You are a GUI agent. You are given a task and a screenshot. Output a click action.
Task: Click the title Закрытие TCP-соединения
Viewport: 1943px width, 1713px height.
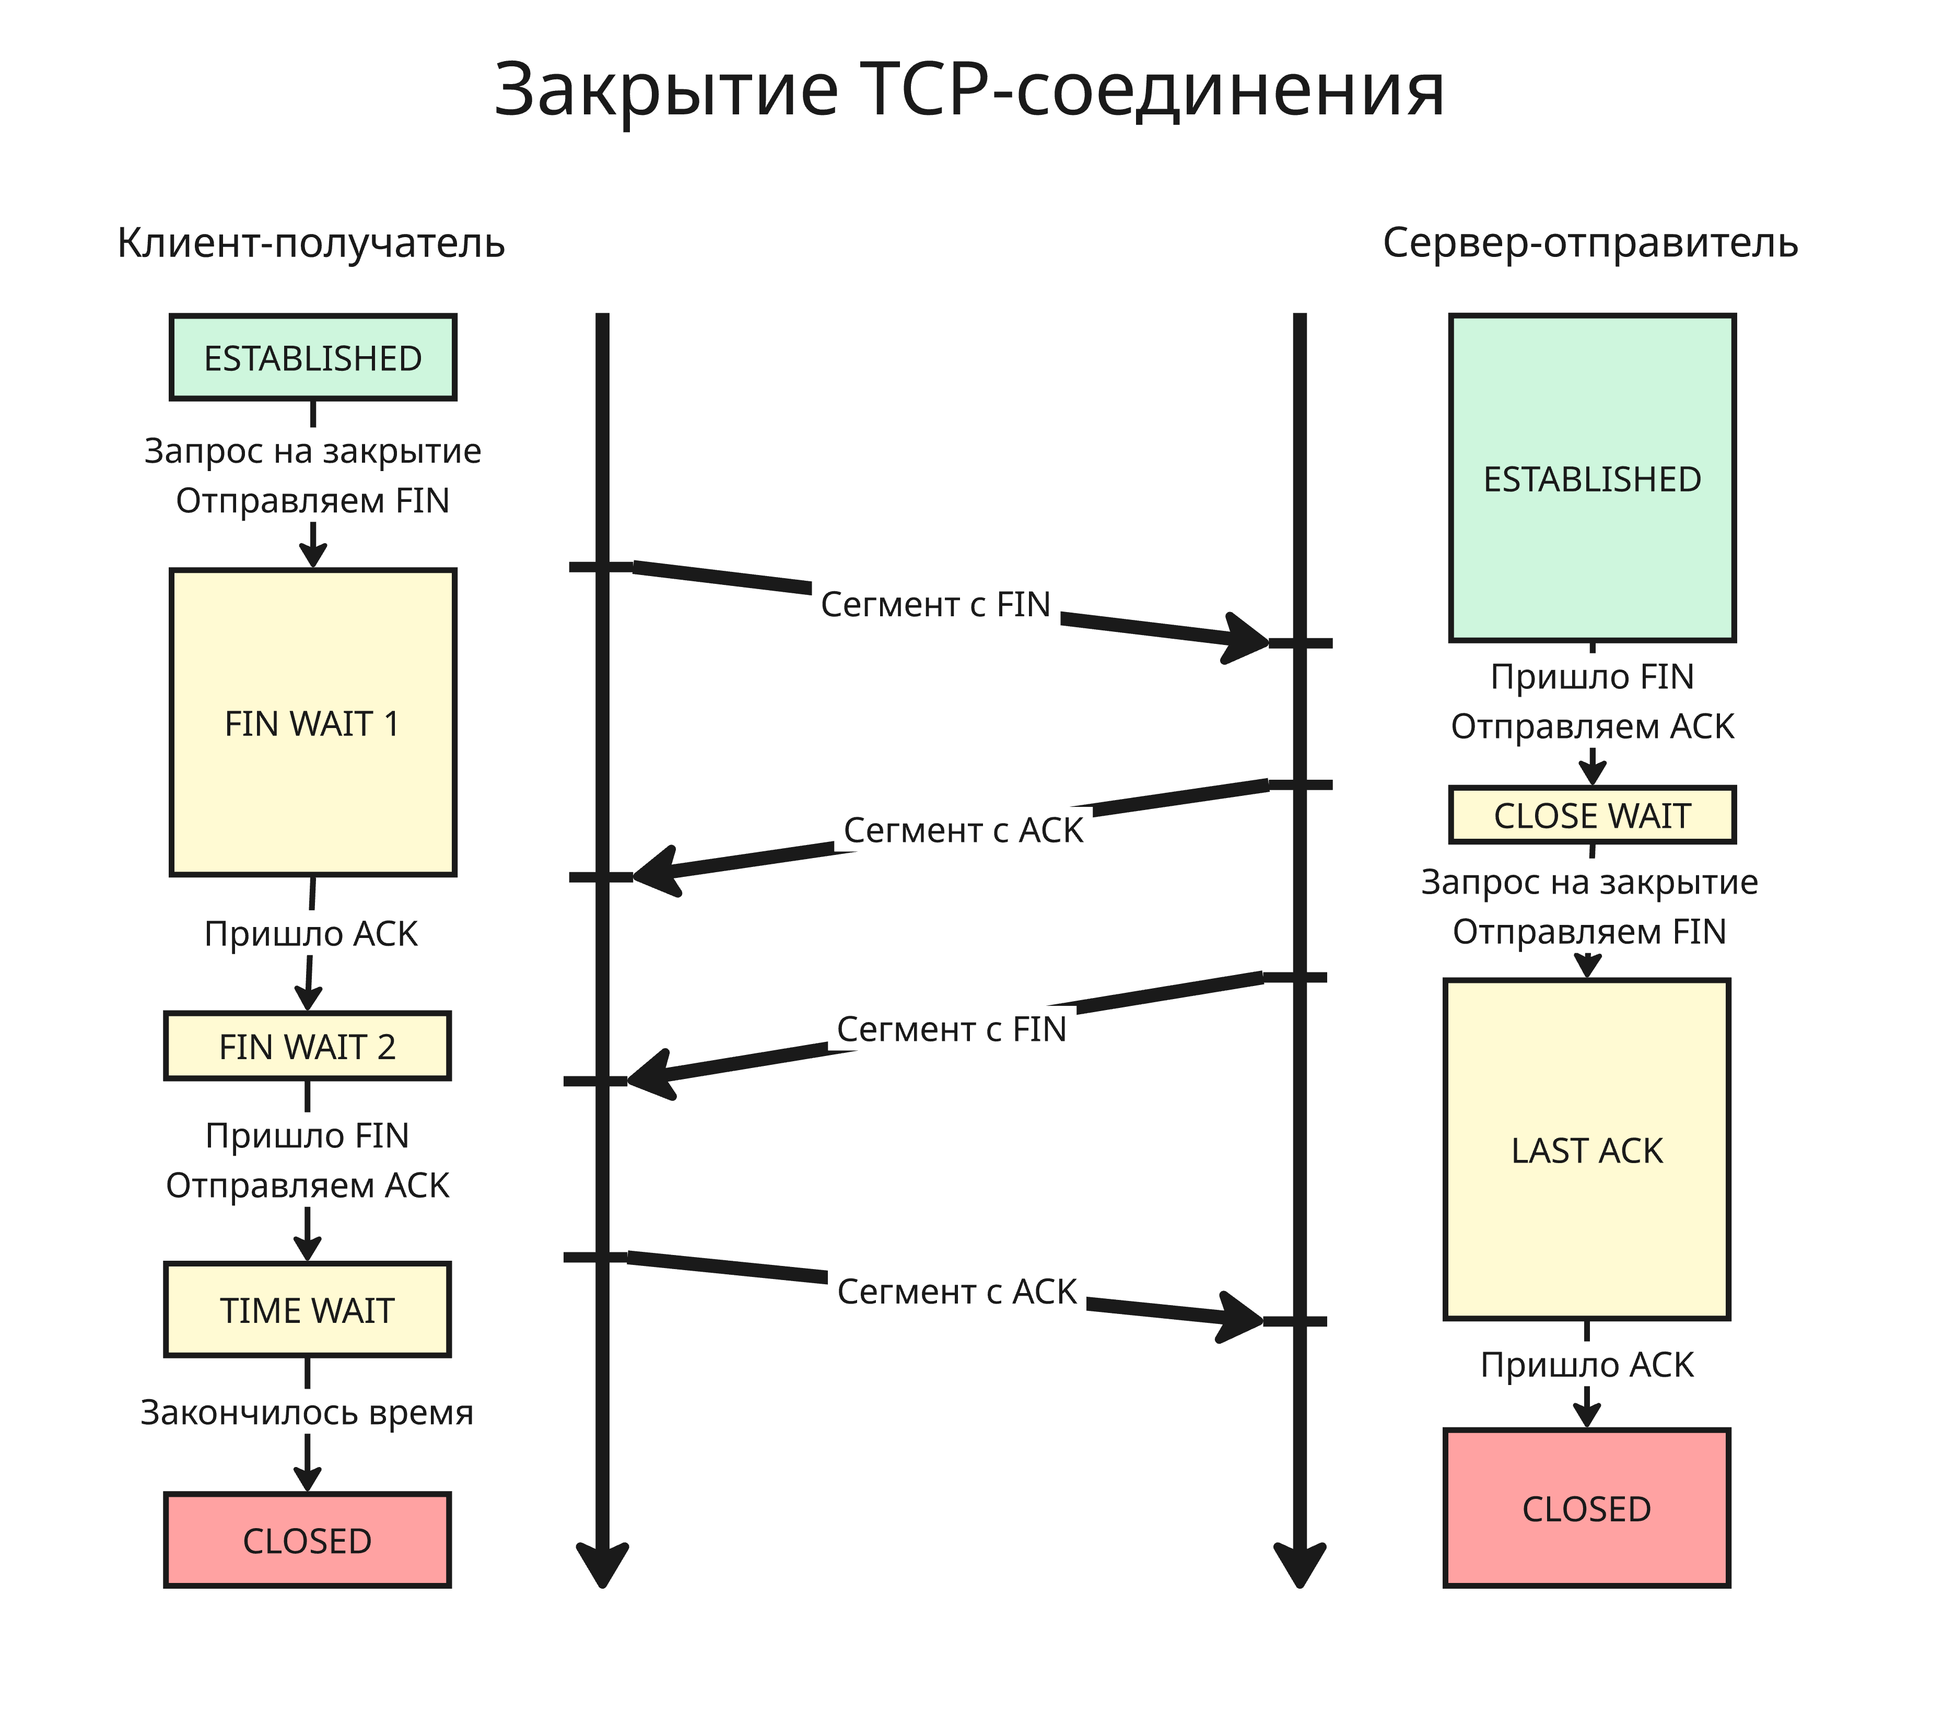(x=969, y=90)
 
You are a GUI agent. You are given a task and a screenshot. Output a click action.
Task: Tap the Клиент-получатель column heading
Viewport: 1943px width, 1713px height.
(x=311, y=243)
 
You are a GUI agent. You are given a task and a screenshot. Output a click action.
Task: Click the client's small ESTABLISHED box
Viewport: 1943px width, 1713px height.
(x=313, y=357)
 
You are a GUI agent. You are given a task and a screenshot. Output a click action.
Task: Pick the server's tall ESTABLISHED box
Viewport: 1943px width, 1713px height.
(x=1592, y=478)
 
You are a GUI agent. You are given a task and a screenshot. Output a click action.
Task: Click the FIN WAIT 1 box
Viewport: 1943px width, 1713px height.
(x=313, y=722)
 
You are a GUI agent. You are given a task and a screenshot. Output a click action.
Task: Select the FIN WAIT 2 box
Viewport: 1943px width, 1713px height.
(x=307, y=1046)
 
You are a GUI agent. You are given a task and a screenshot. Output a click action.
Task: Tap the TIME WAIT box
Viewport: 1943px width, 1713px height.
(x=307, y=1310)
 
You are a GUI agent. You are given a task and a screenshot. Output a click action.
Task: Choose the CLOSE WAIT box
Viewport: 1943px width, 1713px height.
(x=1592, y=815)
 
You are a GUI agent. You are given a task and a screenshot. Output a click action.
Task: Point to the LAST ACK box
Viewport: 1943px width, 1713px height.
(x=1587, y=1150)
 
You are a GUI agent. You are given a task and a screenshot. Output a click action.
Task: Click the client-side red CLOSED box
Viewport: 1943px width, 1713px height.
(x=307, y=1540)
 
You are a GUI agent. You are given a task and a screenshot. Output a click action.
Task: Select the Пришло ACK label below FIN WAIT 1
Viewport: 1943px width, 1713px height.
(x=311, y=933)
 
